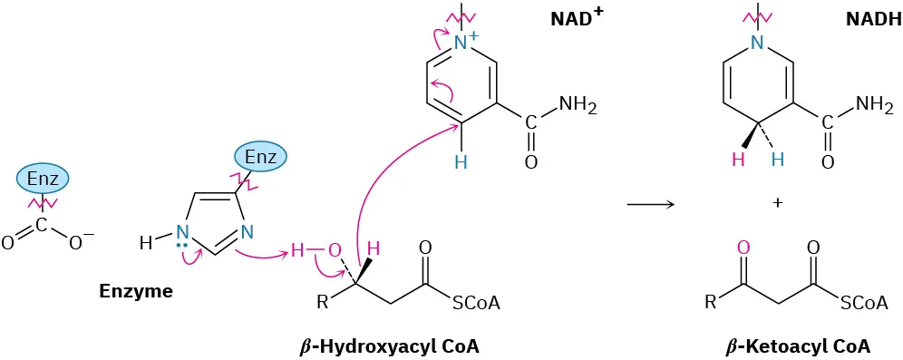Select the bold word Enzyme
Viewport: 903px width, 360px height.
[135, 293]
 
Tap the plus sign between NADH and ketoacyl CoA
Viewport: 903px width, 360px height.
[777, 202]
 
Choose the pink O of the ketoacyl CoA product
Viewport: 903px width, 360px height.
[743, 247]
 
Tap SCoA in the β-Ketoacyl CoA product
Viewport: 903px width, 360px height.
[866, 304]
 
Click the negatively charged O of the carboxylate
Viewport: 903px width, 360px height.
[79, 243]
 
